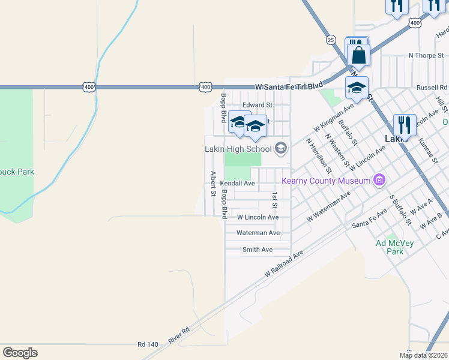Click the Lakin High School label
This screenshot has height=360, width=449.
(238, 149)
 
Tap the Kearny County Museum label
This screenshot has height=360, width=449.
(327, 179)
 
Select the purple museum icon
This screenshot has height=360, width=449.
(379, 179)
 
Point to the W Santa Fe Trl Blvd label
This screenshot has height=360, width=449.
(289, 86)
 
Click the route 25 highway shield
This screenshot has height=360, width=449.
(330, 40)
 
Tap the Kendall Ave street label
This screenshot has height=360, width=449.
(237, 183)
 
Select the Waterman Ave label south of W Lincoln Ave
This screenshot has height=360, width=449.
(258, 233)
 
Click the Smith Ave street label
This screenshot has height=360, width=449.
(258, 250)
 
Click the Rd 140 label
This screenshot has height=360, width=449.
(147, 344)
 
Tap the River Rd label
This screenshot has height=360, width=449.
(179, 335)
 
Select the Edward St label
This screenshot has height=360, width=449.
(258, 105)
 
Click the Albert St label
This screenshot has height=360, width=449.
(212, 184)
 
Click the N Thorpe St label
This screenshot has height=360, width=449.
(426, 55)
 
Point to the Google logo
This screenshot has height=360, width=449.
(20, 353)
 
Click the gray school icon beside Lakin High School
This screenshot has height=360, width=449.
(280, 148)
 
